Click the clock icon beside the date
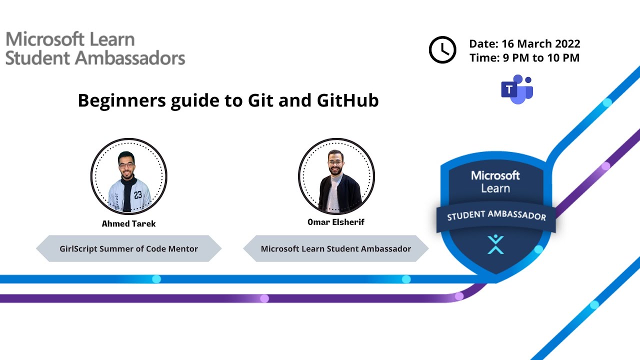[442, 50]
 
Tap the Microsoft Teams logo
[517, 89]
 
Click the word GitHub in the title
[347, 100]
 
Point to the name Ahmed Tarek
[128, 223]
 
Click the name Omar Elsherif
[336, 222]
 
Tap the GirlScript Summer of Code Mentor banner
[128, 248]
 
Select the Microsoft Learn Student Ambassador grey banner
[336, 248]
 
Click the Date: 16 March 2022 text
[524, 43]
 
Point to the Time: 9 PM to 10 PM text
[524, 58]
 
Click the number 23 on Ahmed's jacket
[137, 195]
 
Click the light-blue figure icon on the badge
[495, 244]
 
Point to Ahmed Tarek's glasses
[126, 164]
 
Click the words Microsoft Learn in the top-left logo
[70, 39]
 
